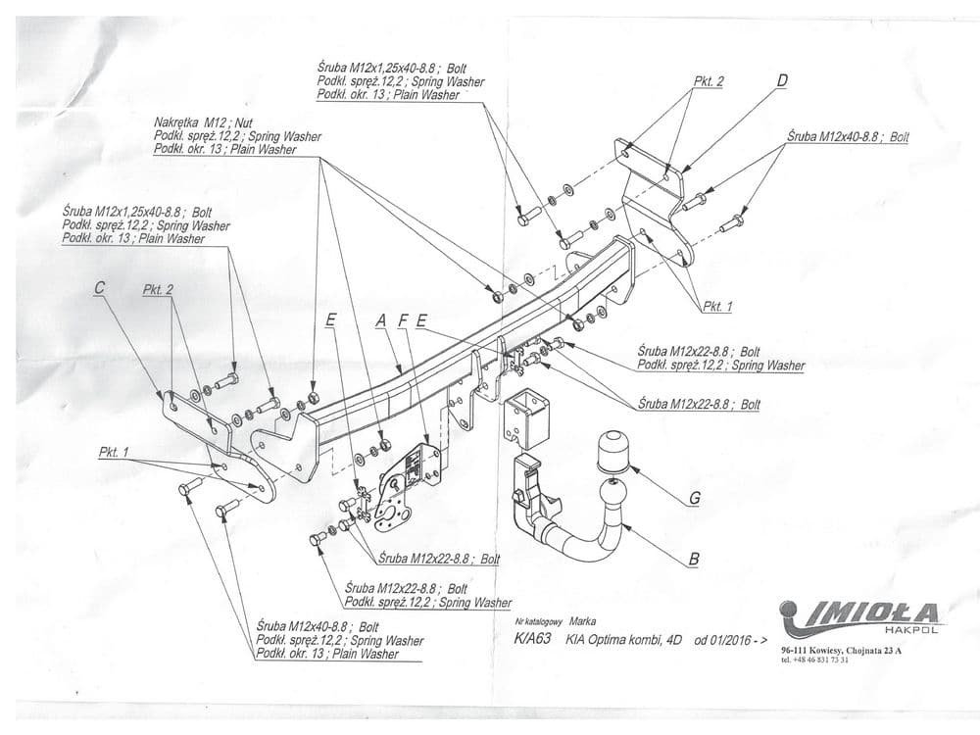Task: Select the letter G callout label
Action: [694, 498]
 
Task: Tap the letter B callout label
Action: [694, 561]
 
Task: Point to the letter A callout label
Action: [380, 319]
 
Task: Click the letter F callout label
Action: [403, 319]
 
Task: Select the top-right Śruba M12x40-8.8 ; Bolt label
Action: [848, 138]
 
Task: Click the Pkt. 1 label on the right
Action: [717, 307]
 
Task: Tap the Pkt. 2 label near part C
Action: [158, 290]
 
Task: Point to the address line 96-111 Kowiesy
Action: [842, 650]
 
